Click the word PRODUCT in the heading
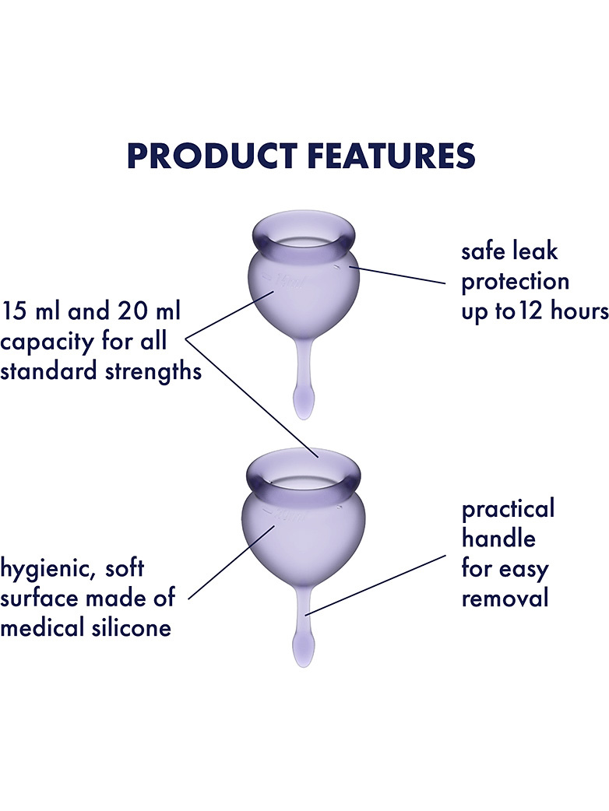(x=212, y=156)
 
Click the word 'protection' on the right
(x=516, y=283)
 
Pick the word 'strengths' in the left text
(x=153, y=372)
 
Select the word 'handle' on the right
(x=498, y=539)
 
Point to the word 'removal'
(x=505, y=599)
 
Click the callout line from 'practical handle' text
(x=376, y=585)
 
